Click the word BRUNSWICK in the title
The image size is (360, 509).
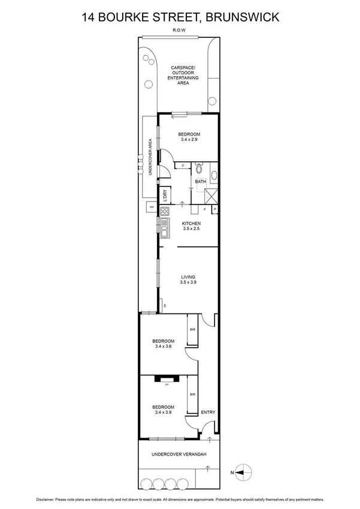click(242, 17)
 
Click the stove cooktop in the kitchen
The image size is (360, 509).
click(164, 210)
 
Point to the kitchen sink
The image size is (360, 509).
click(162, 228)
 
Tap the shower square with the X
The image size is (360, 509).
click(210, 195)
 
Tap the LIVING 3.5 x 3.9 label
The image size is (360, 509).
click(189, 279)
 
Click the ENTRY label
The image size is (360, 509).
click(208, 412)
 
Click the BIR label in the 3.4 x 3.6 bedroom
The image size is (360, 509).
click(192, 330)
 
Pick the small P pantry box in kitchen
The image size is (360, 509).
click(213, 209)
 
